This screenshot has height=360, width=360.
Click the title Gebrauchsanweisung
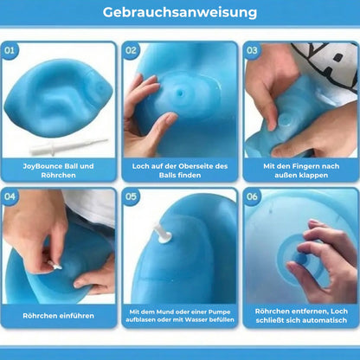[x=180, y=13]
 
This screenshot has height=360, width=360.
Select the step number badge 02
[x=132, y=51]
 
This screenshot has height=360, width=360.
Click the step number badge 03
[x=253, y=51]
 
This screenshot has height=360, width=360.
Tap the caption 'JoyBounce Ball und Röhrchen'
[x=59, y=170]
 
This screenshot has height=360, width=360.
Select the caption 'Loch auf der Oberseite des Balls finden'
[x=180, y=170]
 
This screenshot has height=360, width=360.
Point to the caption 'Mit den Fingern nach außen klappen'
[x=300, y=170]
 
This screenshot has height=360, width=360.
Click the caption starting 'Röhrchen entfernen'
[x=300, y=316]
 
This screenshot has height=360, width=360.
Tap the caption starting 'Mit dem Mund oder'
[x=180, y=316]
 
